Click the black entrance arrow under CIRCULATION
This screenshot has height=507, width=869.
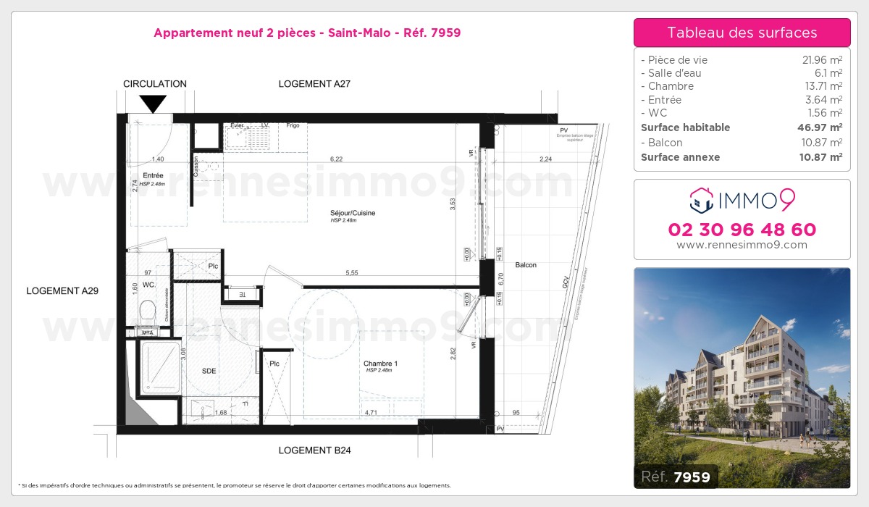152,104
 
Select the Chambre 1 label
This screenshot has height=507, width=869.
380,364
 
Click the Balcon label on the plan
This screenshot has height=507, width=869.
526,265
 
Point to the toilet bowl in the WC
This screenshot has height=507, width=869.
148,312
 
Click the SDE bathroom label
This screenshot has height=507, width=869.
209,371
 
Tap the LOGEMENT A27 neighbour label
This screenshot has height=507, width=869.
314,84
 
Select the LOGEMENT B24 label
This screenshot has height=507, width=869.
314,451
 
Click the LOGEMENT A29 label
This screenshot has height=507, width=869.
62,290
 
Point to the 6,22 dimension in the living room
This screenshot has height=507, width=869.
336,159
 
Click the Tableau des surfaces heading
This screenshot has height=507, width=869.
742,33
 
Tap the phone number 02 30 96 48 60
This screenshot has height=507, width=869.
742,230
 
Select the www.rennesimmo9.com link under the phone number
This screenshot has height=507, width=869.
742,245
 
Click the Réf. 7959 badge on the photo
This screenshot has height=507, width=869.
676,477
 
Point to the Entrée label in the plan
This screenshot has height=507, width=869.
153,175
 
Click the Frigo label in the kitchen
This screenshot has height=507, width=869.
293,125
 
